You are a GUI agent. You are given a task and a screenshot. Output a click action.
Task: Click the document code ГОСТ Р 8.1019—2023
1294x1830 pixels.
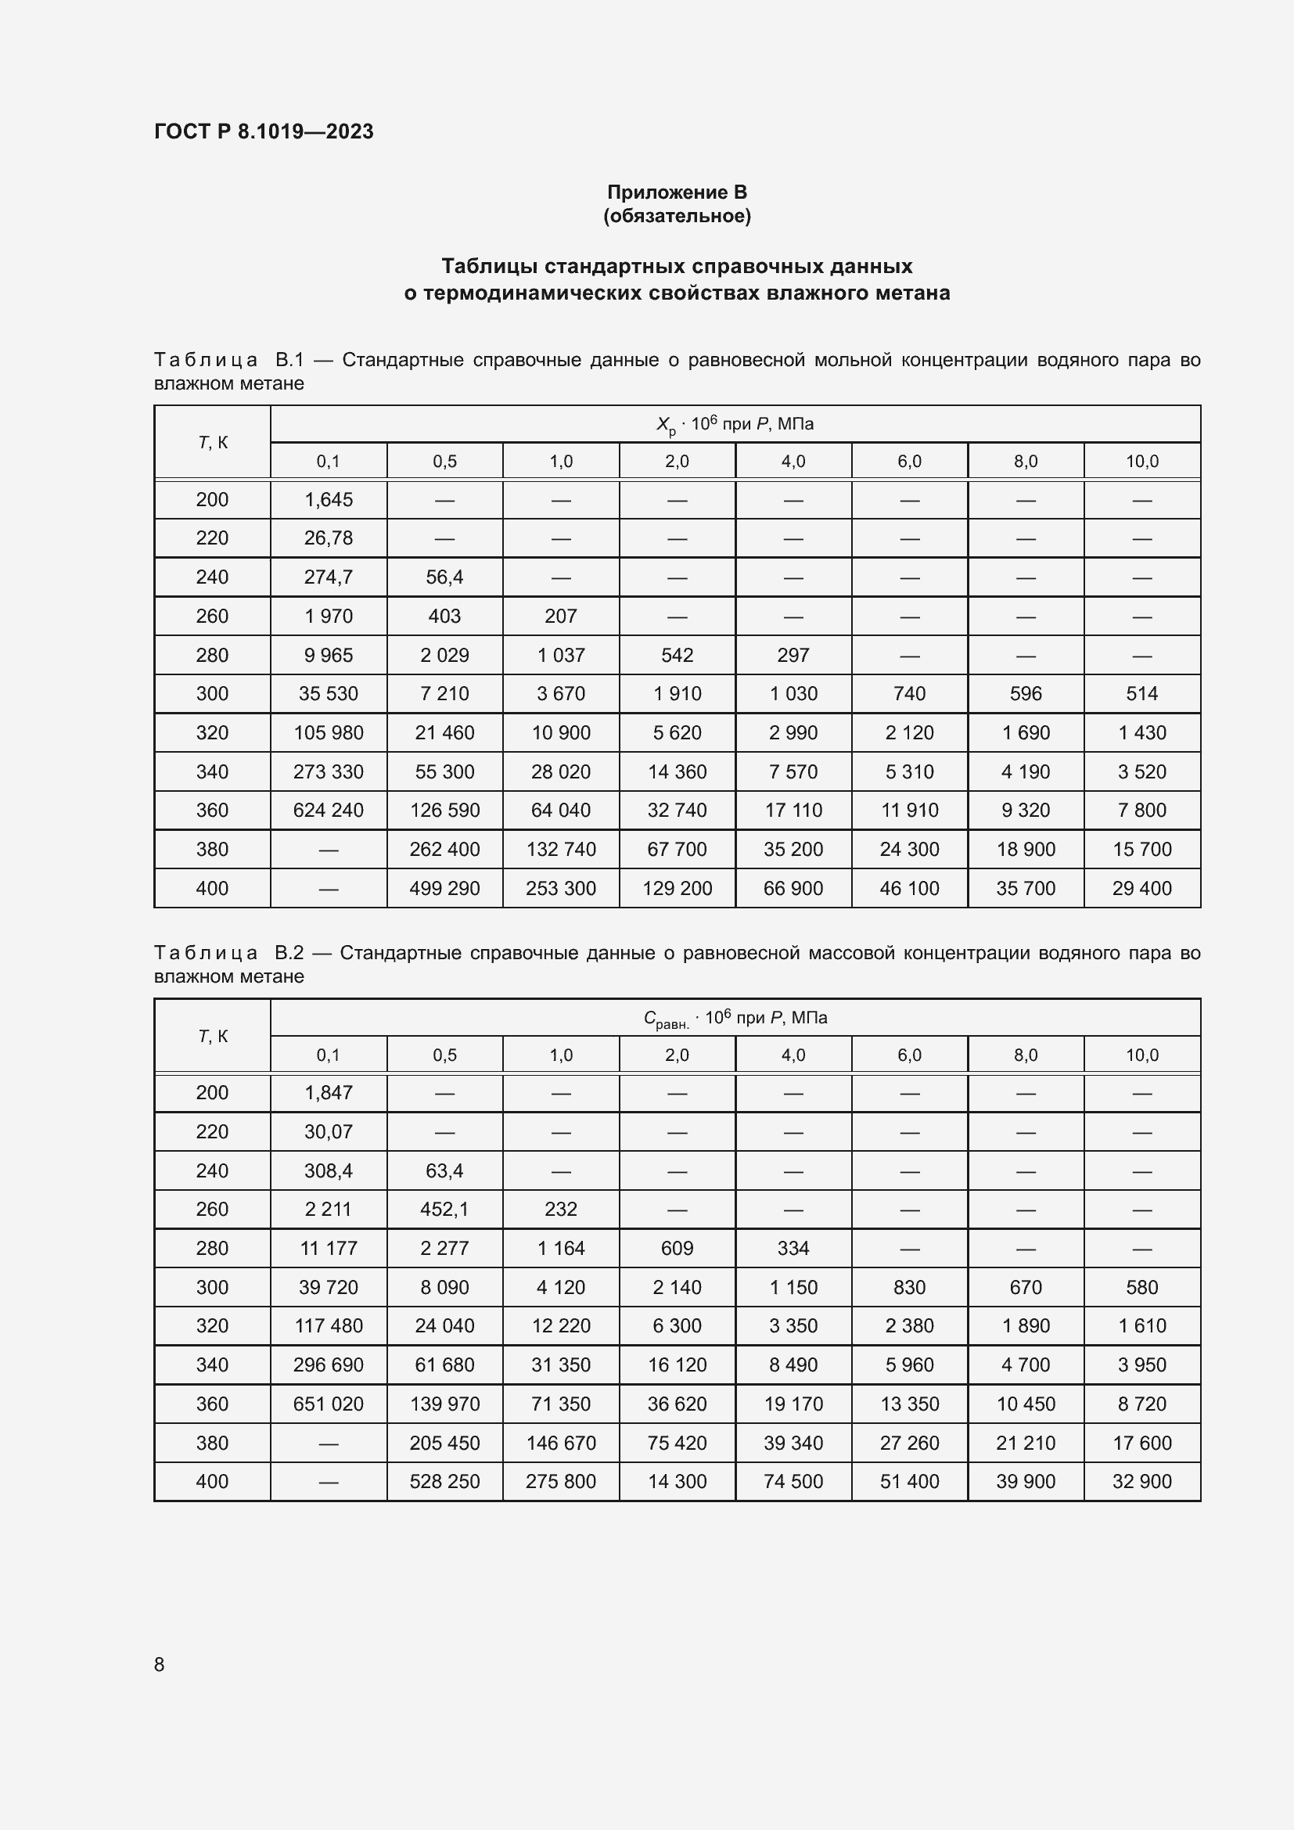[x=264, y=131]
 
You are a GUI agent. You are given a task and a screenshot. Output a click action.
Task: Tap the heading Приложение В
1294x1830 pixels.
[x=677, y=192]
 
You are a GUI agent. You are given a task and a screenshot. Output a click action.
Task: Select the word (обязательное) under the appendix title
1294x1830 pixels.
[x=677, y=216]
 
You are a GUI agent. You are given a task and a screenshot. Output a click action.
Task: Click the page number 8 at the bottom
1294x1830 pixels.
[x=160, y=1664]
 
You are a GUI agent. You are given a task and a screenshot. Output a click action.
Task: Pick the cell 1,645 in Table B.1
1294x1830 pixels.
[x=329, y=500]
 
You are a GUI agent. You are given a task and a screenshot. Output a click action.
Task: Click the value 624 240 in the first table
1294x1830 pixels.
[x=329, y=810]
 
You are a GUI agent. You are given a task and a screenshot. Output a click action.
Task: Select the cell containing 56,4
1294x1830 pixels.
[x=444, y=577]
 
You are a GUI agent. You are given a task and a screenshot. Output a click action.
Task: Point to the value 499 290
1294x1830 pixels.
[x=444, y=888]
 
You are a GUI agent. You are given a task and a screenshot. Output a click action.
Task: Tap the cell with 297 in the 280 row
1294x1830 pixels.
[x=793, y=655]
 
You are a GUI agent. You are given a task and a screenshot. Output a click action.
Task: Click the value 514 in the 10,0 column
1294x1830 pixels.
[x=1141, y=693]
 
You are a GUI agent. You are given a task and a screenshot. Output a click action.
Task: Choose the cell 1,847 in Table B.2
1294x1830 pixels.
[x=329, y=1093]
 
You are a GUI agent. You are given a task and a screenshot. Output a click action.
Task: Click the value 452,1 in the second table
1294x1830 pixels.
[x=444, y=1209]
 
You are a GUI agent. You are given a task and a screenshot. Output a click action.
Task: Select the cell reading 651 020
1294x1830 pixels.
[x=329, y=1404]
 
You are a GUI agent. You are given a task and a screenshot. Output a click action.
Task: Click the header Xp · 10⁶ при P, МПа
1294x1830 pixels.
[x=735, y=425]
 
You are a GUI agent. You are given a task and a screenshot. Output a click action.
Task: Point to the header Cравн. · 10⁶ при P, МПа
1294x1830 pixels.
[x=735, y=1019]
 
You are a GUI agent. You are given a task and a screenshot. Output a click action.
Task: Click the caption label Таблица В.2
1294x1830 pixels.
[x=229, y=953]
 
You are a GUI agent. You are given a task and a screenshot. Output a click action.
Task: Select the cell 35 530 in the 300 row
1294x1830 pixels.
[x=329, y=693]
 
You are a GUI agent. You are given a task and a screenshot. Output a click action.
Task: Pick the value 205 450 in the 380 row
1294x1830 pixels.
[x=444, y=1443]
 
